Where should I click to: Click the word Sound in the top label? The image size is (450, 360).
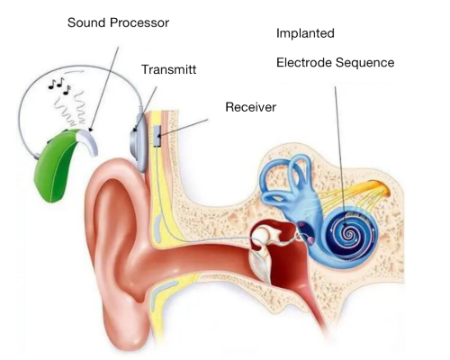(87, 22)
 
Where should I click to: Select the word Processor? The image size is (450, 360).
(139, 22)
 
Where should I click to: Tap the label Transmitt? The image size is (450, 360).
(169, 69)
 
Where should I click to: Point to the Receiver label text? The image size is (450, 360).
(250, 107)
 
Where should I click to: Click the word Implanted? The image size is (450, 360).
(305, 33)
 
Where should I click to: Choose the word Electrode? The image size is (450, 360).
(304, 62)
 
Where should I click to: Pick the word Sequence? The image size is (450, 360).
(365, 63)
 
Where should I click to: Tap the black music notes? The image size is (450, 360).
(60, 85)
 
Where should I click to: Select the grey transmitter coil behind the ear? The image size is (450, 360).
(139, 142)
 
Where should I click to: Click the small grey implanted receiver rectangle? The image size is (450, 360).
(157, 136)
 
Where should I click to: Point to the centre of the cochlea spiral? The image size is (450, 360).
(348, 232)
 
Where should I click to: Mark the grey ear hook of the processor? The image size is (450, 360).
(87, 141)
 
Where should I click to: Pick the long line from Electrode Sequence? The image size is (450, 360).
(340, 156)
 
